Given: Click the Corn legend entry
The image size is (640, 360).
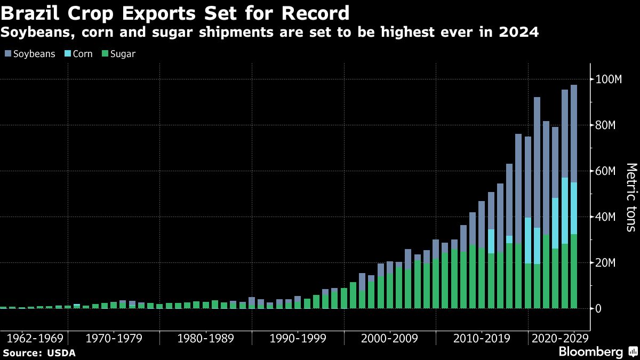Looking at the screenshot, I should point(79,54).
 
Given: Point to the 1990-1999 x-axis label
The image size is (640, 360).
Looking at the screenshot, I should point(299,339).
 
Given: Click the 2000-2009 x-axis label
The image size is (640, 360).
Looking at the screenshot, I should point(390,339).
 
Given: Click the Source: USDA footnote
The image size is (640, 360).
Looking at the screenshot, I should point(39,353).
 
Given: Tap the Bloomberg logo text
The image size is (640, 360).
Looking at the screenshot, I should point(590,352).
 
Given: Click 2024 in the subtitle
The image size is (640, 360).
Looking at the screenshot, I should point(518,33).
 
